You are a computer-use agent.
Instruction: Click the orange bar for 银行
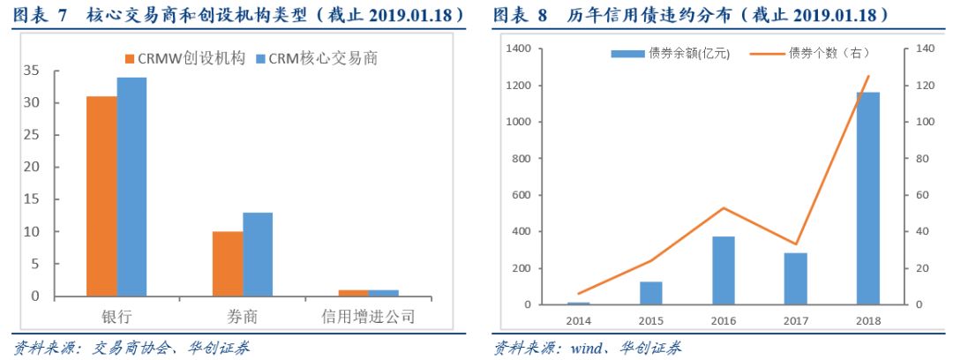pyautogui.click(x=101, y=196)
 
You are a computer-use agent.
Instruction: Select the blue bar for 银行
pyautogui.click(x=131, y=186)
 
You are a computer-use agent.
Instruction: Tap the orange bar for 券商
pyautogui.click(x=227, y=264)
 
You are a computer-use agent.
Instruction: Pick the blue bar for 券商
pyautogui.click(x=258, y=254)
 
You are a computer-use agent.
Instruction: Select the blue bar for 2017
pyautogui.click(x=795, y=279)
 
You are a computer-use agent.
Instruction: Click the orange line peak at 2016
pyautogui.click(x=723, y=208)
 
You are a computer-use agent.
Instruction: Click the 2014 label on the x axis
pyautogui.click(x=579, y=320)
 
